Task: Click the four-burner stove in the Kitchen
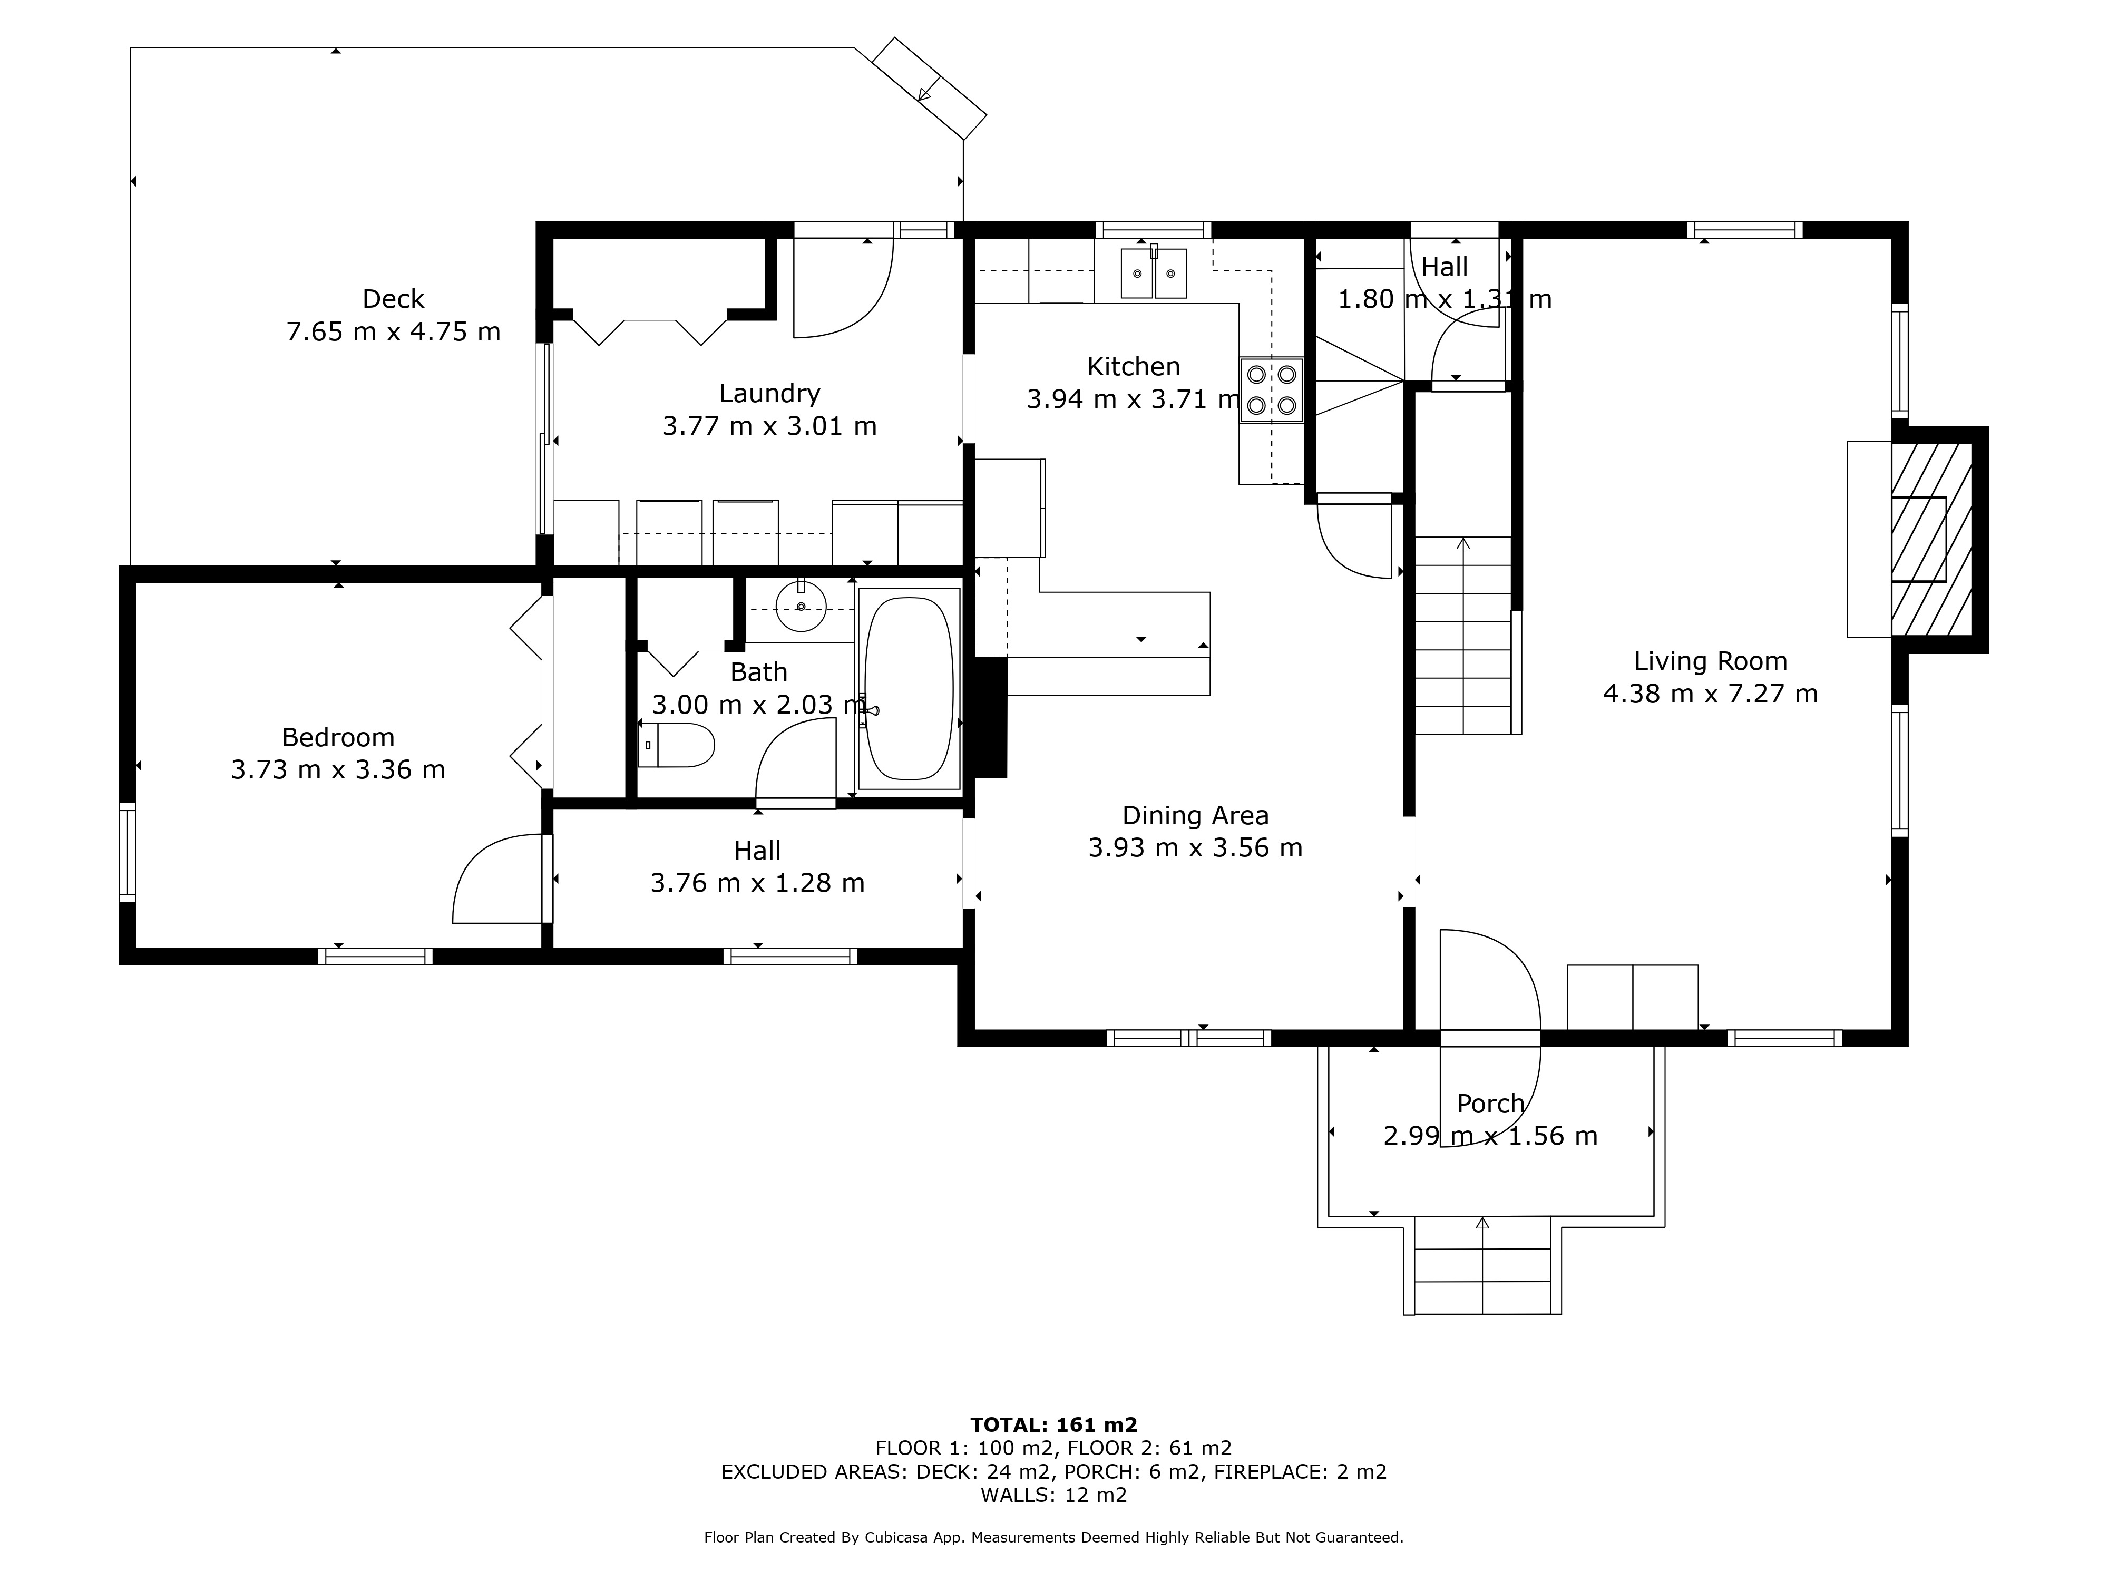pos(1271,389)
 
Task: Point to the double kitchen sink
pos(1153,272)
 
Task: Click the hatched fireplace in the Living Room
pos(1931,540)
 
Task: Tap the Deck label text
pos(393,299)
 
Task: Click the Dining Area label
pos(1195,816)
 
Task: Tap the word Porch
pos(1490,1104)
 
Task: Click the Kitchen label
pos(1133,366)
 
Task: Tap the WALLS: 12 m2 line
pos(1054,1494)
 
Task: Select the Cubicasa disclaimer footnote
pos(1054,1537)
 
